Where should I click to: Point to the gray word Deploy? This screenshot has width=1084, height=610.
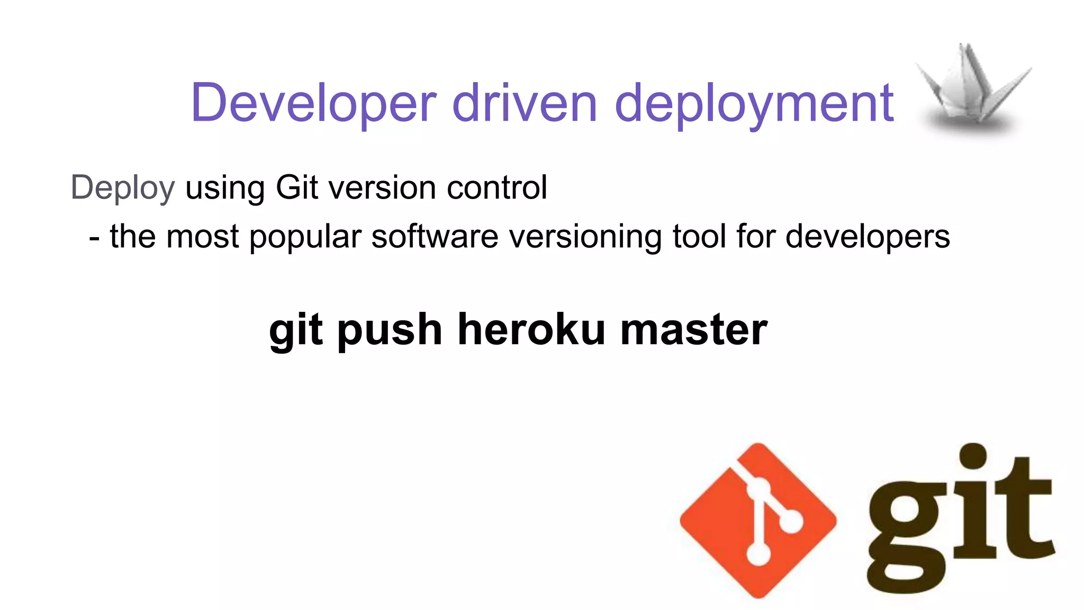click(x=122, y=188)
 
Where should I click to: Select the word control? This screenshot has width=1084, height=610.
click(x=497, y=187)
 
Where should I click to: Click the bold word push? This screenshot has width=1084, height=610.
click(x=390, y=330)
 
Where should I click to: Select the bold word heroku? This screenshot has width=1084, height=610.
click(x=531, y=329)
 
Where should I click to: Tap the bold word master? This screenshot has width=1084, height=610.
click(x=693, y=330)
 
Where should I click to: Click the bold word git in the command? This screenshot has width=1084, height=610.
click(x=296, y=330)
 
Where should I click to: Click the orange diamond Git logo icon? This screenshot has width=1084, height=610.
click(x=758, y=521)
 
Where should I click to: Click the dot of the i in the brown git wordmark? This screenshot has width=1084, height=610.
click(x=973, y=456)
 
